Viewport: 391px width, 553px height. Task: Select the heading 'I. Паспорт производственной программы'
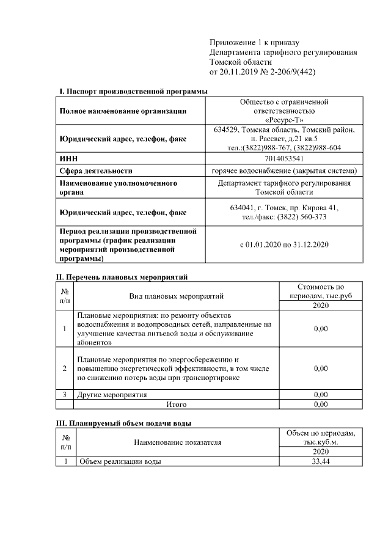pyautogui.click(x=133, y=91)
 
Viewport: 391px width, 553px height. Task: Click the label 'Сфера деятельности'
pyautogui.click(x=95, y=170)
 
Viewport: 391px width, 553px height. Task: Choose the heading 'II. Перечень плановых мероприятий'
pyautogui.click(x=122, y=277)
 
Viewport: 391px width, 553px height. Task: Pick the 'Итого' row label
pyautogui.click(x=176, y=404)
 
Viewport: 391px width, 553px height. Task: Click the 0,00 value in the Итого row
pyautogui.click(x=320, y=404)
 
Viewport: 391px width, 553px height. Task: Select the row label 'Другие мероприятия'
pyautogui.click(x=112, y=395)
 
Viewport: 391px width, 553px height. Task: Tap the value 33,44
pyautogui.click(x=320, y=461)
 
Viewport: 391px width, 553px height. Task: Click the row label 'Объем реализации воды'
pyautogui.click(x=119, y=461)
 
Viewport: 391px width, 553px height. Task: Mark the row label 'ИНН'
pyautogui.click(x=67, y=158)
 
